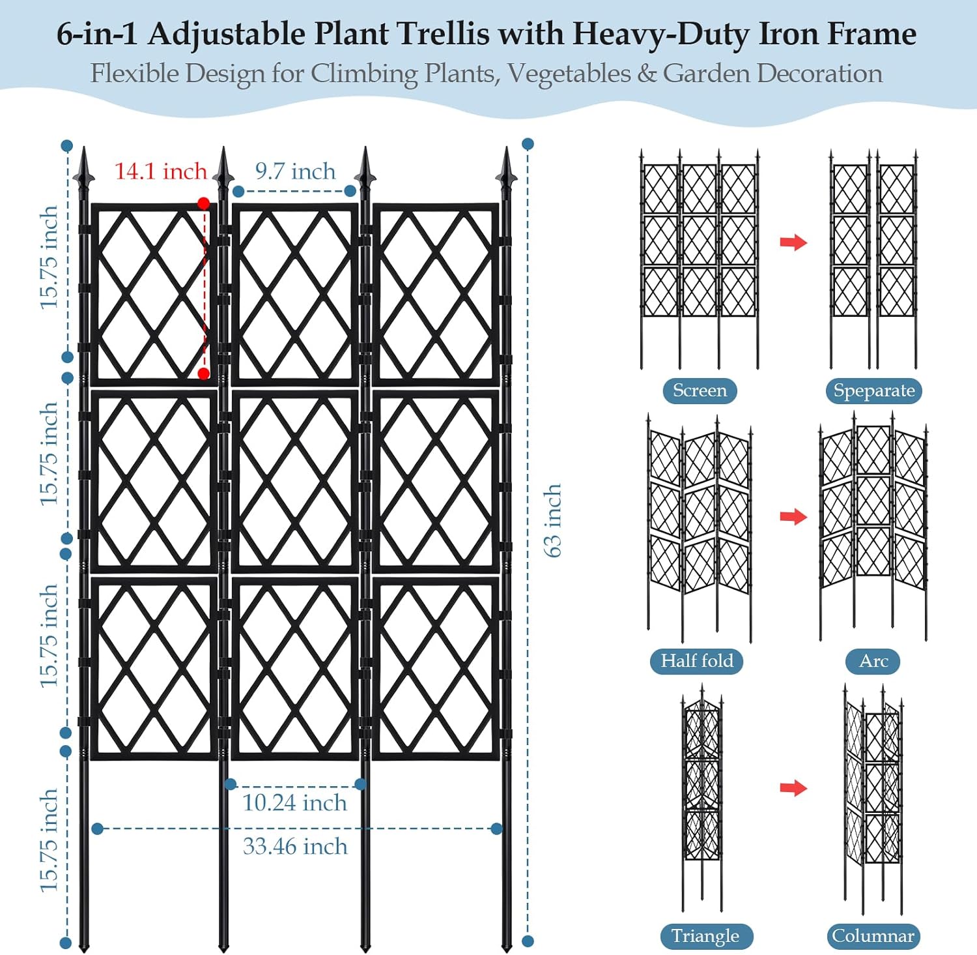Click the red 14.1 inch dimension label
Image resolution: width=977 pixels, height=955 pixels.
point(160,171)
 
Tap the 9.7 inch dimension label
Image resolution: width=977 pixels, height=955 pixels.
point(295,171)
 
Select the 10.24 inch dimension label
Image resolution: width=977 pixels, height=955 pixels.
point(294,802)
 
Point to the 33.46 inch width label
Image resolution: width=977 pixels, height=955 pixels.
point(295,846)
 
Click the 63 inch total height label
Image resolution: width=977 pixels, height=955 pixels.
point(552,520)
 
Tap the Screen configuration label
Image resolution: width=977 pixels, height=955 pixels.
point(700,390)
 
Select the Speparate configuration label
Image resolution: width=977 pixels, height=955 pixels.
point(874,390)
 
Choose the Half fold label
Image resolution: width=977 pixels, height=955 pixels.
point(697,661)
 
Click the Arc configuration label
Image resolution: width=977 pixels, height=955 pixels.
point(873,661)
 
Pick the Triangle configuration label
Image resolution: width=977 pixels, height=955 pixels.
point(705,936)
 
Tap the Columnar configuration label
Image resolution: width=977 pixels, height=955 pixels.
point(873,936)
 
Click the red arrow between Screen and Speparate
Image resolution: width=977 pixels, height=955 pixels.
point(793,242)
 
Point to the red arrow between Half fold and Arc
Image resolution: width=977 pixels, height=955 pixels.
point(793,517)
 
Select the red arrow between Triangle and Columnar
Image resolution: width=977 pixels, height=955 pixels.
point(793,788)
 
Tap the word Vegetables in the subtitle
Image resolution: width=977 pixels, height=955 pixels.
point(569,74)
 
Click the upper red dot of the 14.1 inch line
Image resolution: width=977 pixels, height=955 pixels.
point(203,203)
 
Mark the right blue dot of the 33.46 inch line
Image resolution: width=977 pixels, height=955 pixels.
point(497,829)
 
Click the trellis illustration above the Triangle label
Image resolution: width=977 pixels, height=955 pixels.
point(702,795)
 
